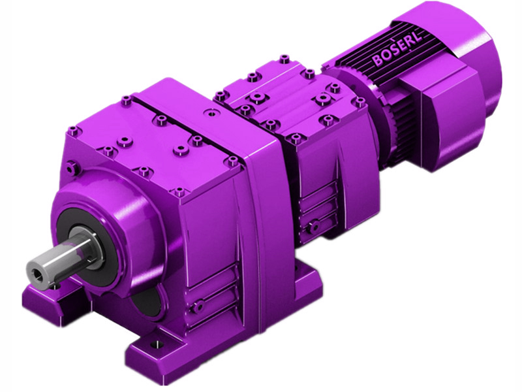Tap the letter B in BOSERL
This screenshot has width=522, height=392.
(x=378, y=61)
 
